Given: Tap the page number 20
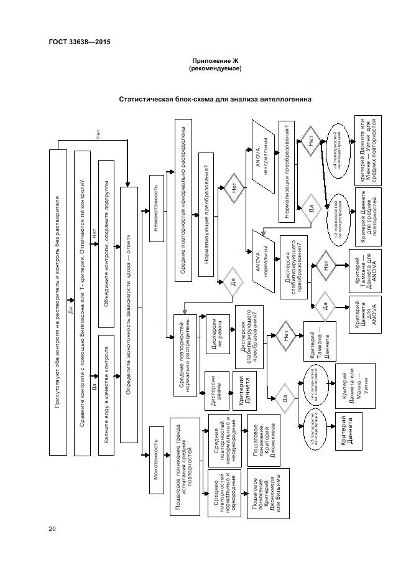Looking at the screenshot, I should [53, 530].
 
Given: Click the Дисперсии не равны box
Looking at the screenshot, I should [217, 337].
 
